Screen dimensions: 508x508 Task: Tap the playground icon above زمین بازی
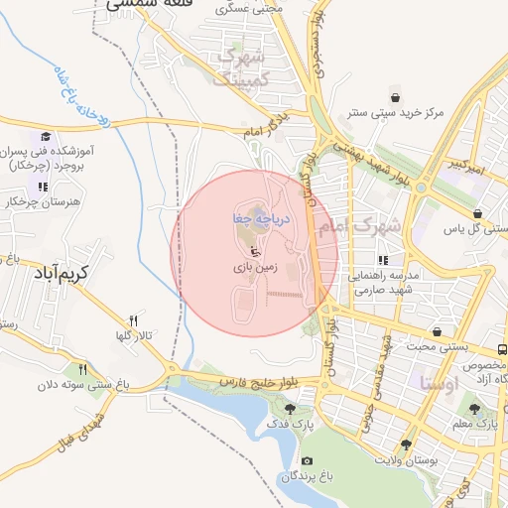point(254,248)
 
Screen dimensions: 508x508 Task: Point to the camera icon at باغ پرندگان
point(306,461)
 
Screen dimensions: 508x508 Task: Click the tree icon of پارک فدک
point(290,408)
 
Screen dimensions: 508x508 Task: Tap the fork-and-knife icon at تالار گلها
point(133,319)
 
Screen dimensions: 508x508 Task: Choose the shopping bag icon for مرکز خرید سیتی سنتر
point(396,97)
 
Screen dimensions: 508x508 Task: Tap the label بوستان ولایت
point(407,459)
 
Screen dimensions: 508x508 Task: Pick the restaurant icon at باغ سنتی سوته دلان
point(83,368)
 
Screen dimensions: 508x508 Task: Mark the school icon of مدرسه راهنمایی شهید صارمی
point(384,260)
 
